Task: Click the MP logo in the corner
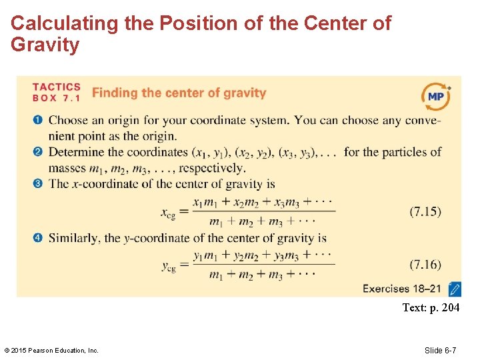tap(436, 97)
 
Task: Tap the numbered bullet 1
tap(38, 120)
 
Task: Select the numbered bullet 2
tap(38, 152)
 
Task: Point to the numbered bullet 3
tap(38, 183)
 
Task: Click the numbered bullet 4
tap(38, 237)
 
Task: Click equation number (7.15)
tap(425, 211)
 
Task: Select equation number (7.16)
tap(425, 265)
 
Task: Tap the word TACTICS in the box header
tap(57, 87)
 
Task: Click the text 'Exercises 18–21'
tap(402, 289)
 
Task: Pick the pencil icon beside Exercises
tap(455, 289)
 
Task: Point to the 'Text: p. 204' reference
tap(431, 308)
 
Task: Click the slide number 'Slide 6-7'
tap(449, 350)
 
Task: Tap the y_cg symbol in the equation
tap(169, 267)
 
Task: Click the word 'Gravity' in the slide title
tap(45, 45)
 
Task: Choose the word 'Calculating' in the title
tap(64, 23)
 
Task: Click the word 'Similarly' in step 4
tap(74, 237)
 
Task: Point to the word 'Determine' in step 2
tap(77, 152)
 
